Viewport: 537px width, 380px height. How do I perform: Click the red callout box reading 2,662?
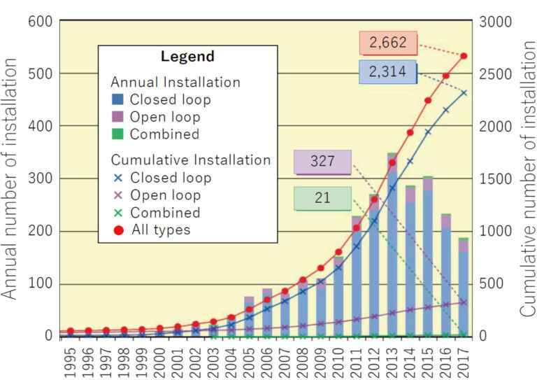click(x=387, y=43)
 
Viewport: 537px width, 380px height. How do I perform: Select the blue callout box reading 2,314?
click(x=387, y=72)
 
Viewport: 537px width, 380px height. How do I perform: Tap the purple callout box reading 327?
click(x=322, y=162)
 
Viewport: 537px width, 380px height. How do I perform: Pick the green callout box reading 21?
click(x=322, y=198)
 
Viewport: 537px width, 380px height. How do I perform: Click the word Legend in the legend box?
click(x=187, y=57)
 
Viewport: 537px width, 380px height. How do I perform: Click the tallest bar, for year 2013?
click(x=392, y=245)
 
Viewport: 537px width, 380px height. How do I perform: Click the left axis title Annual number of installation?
click(x=12, y=178)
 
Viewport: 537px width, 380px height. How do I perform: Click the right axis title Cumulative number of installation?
click(x=526, y=178)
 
